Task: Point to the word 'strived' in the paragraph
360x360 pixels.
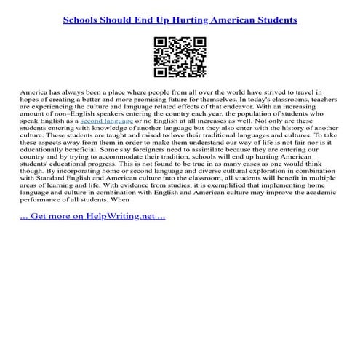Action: pyautogui.click(x=263, y=95)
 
